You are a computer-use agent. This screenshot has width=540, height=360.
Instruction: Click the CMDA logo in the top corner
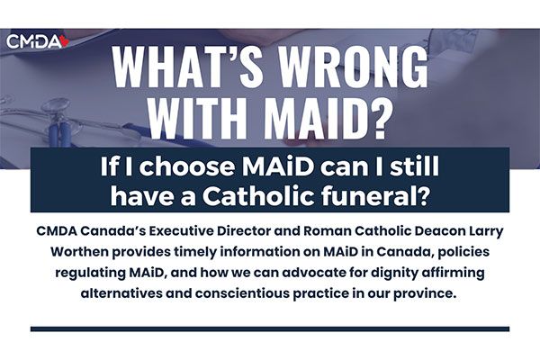tap(38, 41)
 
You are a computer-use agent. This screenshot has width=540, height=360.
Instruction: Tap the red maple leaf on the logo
tap(65, 41)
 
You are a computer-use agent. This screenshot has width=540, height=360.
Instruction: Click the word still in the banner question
tap(417, 166)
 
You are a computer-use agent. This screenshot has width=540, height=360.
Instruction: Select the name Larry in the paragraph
tap(487, 231)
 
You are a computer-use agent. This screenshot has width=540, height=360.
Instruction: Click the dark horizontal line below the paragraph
tap(270, 329)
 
